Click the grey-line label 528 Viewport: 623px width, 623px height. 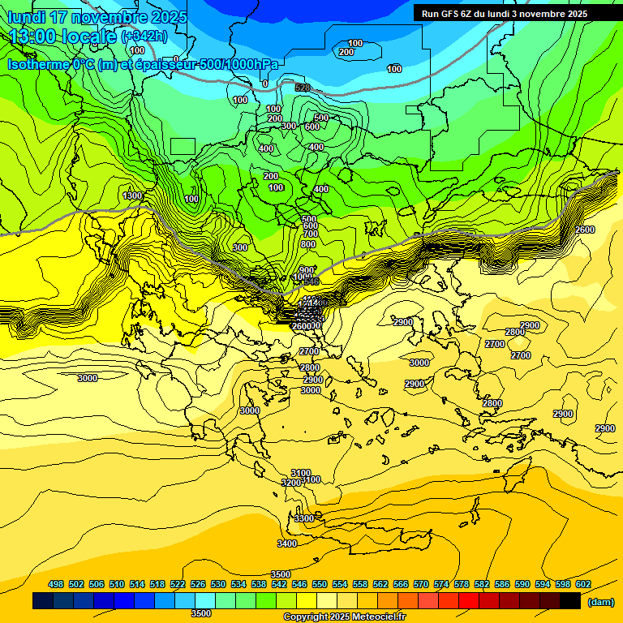click(x=303, y=88)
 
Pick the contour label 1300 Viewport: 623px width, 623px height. click(x=132, y=195)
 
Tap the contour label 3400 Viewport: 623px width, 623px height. click(x=286, y=544)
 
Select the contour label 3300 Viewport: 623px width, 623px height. click(x=303, y=518)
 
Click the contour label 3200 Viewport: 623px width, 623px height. click(x=291, y=483)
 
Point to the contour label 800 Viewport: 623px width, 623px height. click(x=308, y=244)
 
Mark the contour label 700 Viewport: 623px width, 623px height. click(x=310, y=234)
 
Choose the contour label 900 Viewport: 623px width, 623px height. click(x=306, y=269)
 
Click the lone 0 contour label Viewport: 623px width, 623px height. click(x=264, y=84)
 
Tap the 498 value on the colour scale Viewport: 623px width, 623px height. click(x=56, y=584)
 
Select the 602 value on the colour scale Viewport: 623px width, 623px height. click(x=583, y=584)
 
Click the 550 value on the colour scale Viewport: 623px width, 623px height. click(x=320, y=584)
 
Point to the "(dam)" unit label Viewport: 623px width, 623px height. click(x=600, y=602)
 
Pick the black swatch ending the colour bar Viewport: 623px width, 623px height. click(x=570, y=601)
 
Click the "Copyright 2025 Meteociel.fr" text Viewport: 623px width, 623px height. click(x=344, y=617)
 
